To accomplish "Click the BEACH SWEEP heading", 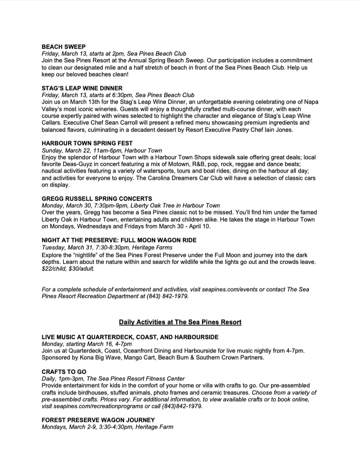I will [64, 46].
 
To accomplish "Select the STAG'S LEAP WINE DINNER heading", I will [82, 88].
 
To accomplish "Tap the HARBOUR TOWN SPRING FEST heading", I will [87, 143].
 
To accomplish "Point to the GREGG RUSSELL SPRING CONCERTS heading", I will [97, 199].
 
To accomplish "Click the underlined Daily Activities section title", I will [180, 322].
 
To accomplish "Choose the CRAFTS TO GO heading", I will [64, 372].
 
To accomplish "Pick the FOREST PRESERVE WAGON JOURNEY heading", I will [98, 420].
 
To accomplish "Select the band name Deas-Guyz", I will [81, 164].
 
